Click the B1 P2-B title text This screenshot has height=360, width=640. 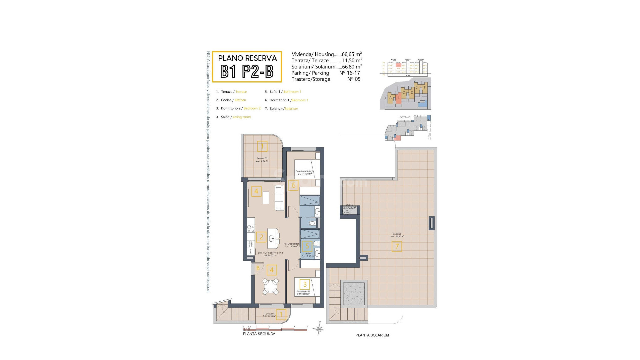[247, 71]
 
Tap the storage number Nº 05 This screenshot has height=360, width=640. [354, 79]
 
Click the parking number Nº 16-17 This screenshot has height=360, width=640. [349, 73]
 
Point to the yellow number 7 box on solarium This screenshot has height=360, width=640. [397, 247]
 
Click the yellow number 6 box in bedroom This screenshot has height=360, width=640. [293, 185]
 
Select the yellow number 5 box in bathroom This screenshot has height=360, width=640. [307, 247]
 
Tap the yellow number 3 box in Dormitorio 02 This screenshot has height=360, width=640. [305, 284]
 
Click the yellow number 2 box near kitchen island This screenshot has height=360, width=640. [261, 237]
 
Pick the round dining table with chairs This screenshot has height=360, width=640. [271, 286]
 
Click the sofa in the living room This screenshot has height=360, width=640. [279, 198]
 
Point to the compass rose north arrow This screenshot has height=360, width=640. [319, 329]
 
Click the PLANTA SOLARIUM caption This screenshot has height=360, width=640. [372, 335]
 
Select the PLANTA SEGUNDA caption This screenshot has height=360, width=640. [259, 334]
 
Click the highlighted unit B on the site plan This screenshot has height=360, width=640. [398, 98]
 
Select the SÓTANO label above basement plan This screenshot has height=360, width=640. [405, 117]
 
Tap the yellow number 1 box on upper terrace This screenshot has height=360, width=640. [262, 146]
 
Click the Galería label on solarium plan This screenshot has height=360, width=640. [349, 205]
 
